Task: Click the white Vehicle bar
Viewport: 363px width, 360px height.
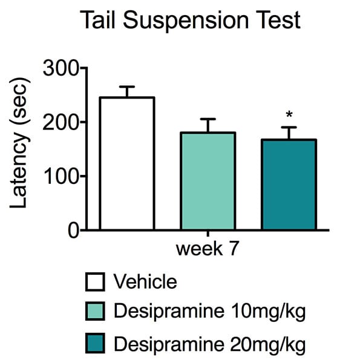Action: pos(127,163)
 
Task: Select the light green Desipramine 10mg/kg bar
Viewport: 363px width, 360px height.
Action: pos(208,181)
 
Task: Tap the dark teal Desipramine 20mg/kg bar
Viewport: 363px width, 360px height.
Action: pos(289,185)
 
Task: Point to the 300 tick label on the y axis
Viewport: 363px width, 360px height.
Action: pos(62,68)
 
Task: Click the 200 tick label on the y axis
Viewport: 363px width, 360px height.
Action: pos(62,122)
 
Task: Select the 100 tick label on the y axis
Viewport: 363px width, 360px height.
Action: pos(62,176)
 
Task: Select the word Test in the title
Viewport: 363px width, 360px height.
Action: pos(276,21)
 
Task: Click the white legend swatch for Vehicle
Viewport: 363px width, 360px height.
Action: pos(95,282)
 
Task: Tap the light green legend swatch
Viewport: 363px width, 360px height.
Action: pos(95,313)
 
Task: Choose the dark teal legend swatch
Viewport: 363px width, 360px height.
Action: pos(95,344)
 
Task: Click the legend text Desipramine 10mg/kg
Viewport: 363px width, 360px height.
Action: pos(209,313)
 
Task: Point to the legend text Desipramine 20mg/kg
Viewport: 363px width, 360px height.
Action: pos(209,344)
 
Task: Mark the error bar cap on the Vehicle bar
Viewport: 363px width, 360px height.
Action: pos(127,87)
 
